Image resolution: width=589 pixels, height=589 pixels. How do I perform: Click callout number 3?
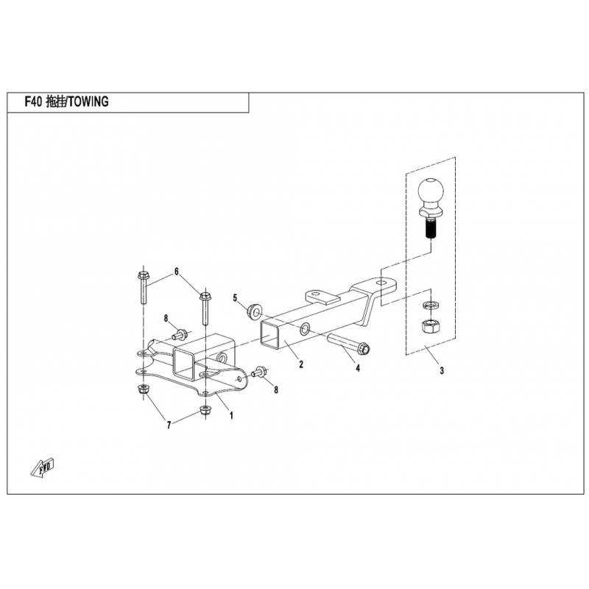(441, 372)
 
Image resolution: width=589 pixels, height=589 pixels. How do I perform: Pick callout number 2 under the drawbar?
(300, 364)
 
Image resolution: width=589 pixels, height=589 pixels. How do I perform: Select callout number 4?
(357, 368)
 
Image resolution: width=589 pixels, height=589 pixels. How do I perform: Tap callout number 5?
(236, 298)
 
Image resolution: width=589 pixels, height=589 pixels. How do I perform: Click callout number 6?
(176, 272)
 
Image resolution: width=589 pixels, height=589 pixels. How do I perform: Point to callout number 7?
(169, 425)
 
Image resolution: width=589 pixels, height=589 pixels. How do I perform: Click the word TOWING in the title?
(89, 103)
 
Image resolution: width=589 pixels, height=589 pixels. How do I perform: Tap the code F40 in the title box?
(32, 103)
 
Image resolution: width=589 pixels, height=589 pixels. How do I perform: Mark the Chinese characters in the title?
(56, 103)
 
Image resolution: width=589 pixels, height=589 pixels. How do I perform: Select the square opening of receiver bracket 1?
(182, 362)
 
